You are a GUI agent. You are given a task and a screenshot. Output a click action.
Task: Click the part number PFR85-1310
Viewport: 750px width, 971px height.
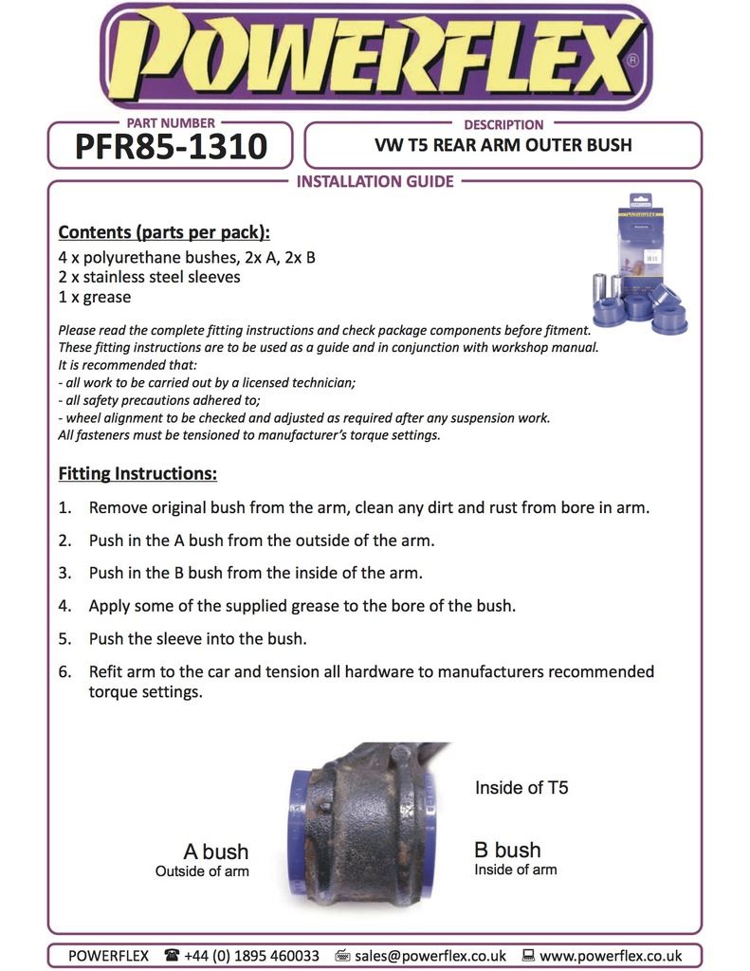170,147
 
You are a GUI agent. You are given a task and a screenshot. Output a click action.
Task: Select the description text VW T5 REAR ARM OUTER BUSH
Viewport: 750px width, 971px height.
503,146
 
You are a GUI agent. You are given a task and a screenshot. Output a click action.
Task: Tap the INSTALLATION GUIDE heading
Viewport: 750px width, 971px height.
375,181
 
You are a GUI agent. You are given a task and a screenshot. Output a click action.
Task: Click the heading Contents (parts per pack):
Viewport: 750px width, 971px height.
164,232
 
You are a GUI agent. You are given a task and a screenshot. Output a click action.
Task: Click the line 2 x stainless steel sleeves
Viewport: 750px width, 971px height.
150,277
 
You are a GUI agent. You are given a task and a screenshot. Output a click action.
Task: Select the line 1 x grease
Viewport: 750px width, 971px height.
95,298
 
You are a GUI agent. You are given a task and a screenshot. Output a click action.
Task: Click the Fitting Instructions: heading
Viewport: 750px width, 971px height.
137,473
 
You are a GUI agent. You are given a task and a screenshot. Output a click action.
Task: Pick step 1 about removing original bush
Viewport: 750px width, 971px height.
369,507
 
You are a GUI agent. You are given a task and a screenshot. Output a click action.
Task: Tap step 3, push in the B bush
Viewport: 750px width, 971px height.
255,573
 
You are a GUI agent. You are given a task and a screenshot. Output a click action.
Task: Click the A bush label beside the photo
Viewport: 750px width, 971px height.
215,852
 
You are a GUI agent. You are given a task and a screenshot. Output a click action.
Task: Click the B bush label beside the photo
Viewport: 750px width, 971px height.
507,850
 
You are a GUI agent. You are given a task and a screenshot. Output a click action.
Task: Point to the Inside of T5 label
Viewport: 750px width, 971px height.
521,787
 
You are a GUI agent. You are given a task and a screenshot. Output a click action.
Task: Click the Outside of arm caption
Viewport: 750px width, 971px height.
202,870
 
